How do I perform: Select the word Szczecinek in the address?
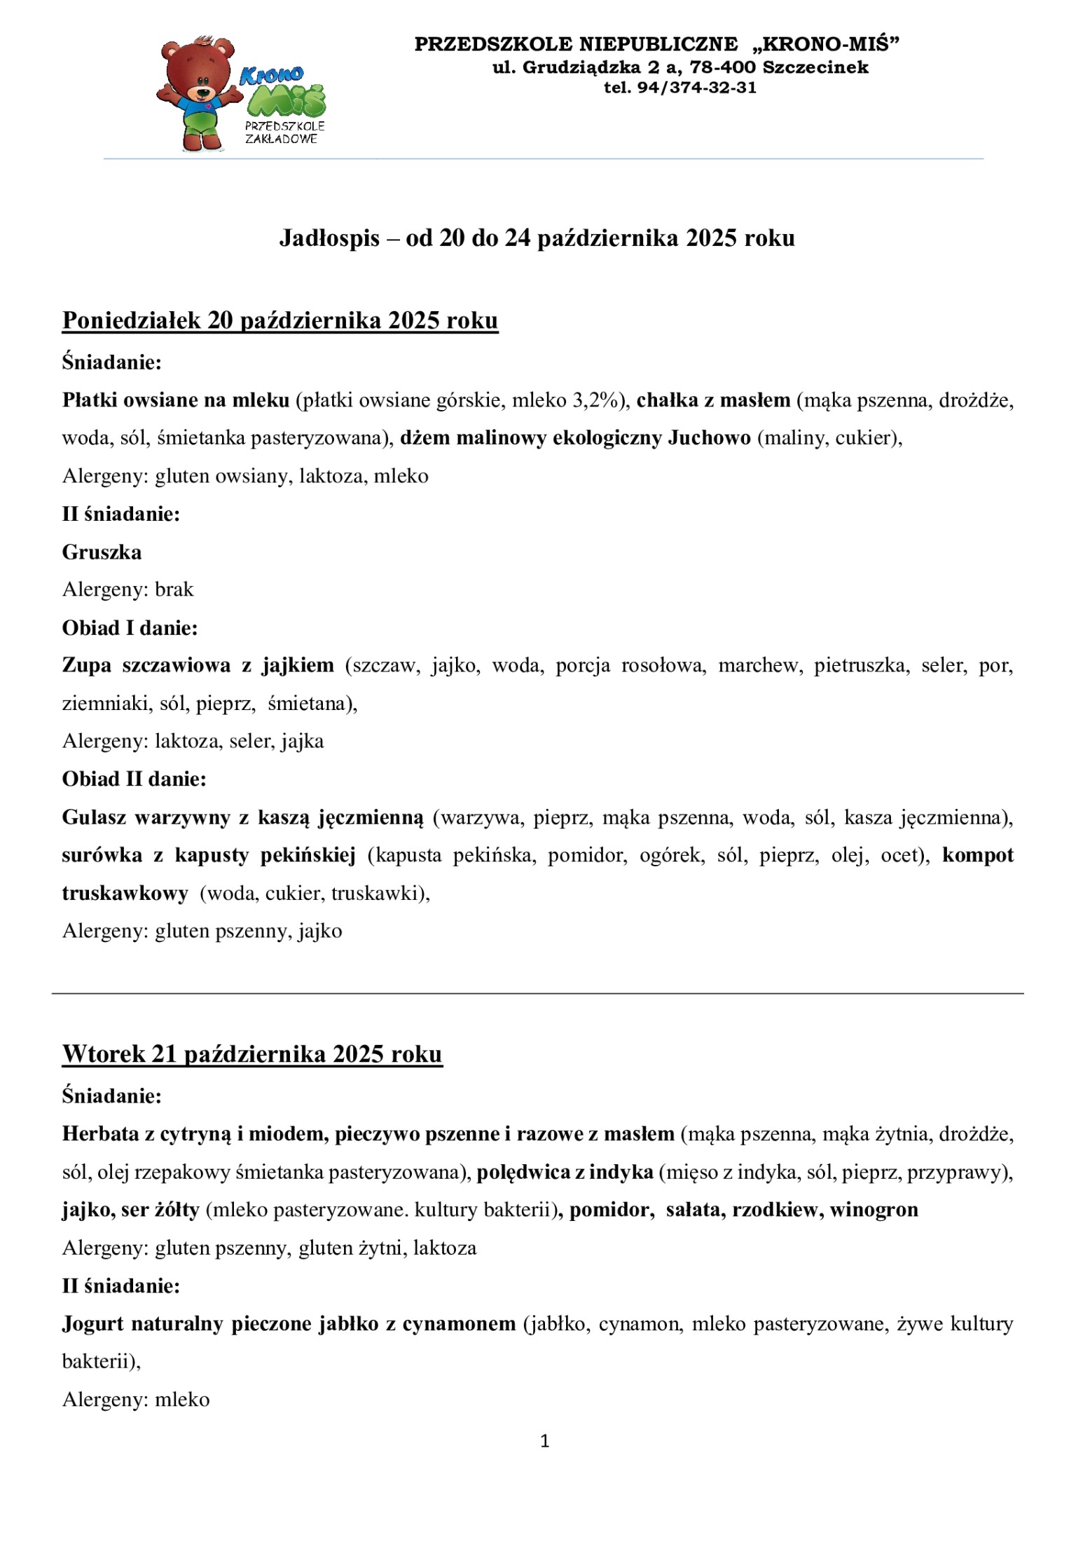(815, 67)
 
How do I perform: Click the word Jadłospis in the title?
(329, 238)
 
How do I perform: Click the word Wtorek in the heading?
(103, 1054)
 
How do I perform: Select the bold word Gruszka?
(102, 552)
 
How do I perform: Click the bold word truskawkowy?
(125, 893)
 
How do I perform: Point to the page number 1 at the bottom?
(545, 1442)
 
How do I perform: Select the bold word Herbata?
(100, 1133)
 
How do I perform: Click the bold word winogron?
(874, 1210)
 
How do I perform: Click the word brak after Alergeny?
(174, 589)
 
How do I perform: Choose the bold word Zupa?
(86, 665)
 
